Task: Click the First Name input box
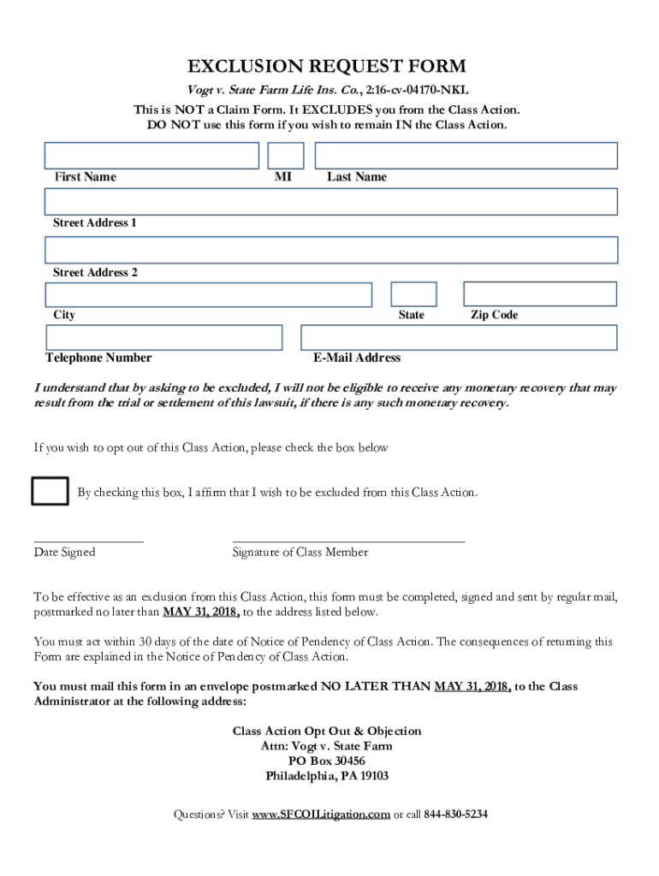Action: pyautogui.click(x=151, y=156)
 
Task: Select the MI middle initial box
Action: pyautogui.click(x=286, y=156)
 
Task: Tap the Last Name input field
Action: pyautogui.click(x=466, y=156)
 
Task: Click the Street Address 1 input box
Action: pyautogui.click(x=331, y=202)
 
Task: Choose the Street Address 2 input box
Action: pyautogui.click(x=331, y=250)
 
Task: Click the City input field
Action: pyautogui.click(x=209, y=294)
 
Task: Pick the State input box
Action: pyautogui.click(x=414, y=294)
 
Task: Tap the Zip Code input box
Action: pyautogui.click(x=540, y=294)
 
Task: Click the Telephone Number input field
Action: pyautogui.click(x=163, y=337)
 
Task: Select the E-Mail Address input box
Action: pyautogui.click(x=459, y=337)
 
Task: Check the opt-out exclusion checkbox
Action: pyautogui.click(x=50, y=491)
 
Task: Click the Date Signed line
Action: pyautogui.click(x=89, y=539)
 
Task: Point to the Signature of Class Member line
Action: pyautogui.click(x=349, y=539)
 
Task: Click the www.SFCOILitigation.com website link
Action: pyautogui.click(x=321, y=814)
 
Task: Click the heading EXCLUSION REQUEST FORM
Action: pyautogui.click(x=328, y=66)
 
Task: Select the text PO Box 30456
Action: pyautogui.click(x=327, y=761)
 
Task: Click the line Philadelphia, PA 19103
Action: pyautogui.click(x=327, y=777)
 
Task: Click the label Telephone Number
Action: pyautogui.click(x=98, y=358)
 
